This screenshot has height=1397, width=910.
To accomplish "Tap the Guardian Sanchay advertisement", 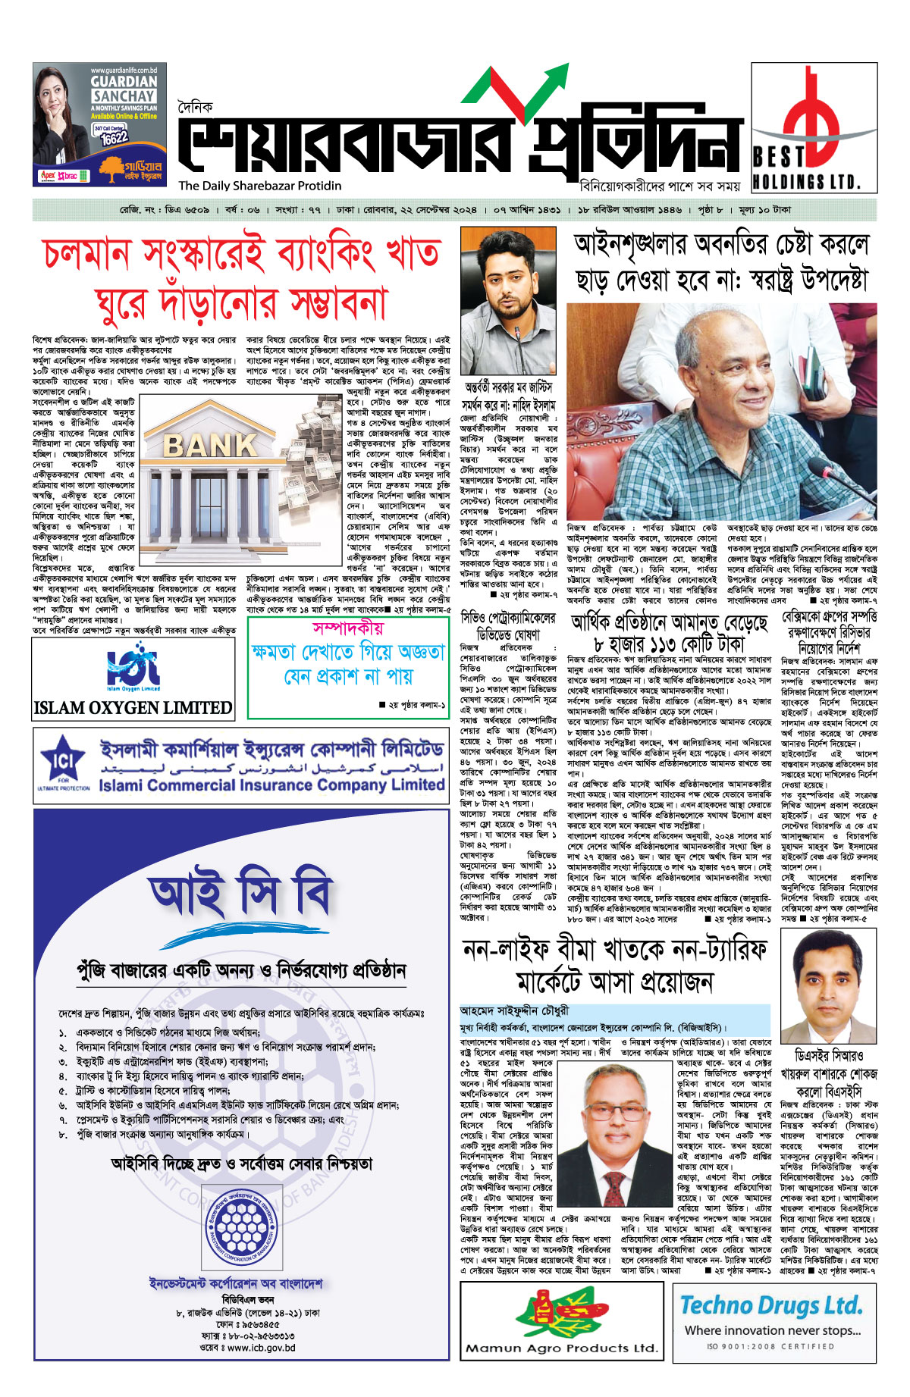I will click(100, 124).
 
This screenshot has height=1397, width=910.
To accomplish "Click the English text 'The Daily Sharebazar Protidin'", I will click(259, 186).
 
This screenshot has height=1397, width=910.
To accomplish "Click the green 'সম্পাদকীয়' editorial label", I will click(348, 628).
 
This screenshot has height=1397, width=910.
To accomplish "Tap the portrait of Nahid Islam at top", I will click(508, 301).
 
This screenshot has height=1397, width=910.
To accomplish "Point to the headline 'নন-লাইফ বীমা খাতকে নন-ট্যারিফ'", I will click(615, 950).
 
